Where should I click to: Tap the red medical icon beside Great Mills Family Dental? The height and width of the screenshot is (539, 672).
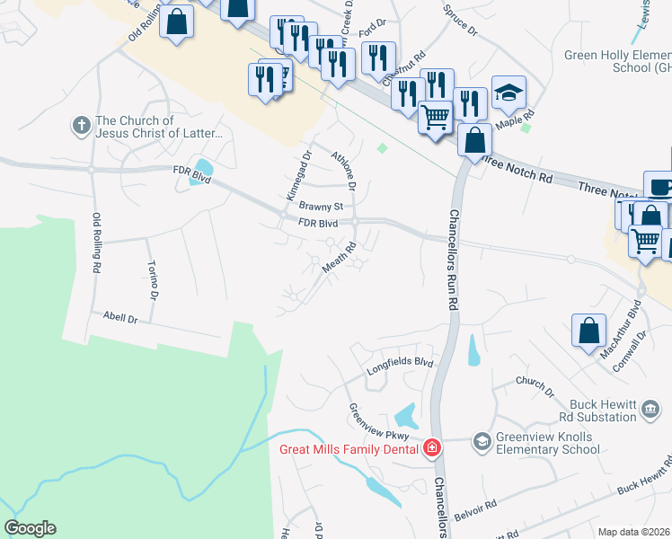[432, 447]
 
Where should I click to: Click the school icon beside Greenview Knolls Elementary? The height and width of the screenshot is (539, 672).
[482, 440]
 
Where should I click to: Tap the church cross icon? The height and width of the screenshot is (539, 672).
[82, 127]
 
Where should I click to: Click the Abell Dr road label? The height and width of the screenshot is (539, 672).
[119, 318]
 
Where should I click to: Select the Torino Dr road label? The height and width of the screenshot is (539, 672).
[154, 281]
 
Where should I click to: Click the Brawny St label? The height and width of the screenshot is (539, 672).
[322, 206]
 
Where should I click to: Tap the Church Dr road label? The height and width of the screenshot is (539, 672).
[535, 386]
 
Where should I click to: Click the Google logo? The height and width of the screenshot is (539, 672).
[30, 528]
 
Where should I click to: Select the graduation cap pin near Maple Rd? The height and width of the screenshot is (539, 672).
[509, 93]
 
